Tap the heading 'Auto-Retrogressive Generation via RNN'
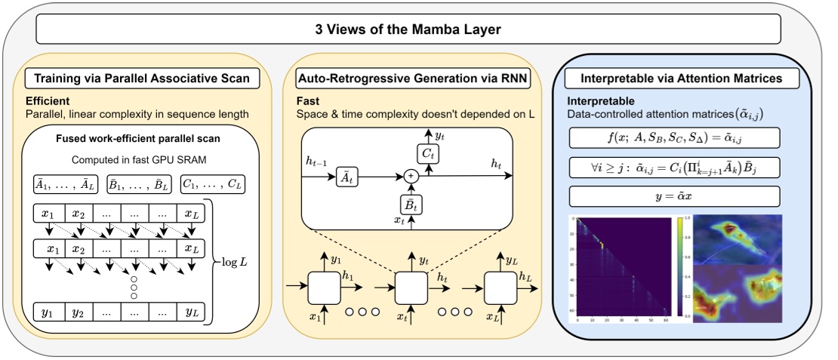click(x=413, y=78)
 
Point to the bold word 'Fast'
click(x=309, y=100)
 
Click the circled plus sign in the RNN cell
click(x=412, y=174)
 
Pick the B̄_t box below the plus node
click(x=412, y=203)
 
